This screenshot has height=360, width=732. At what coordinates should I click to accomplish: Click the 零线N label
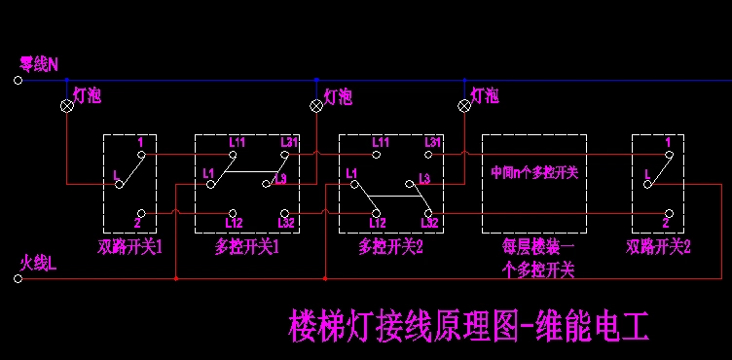(x=39, y=64)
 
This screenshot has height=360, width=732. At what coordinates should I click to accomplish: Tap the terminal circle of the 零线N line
(x=18, y=81)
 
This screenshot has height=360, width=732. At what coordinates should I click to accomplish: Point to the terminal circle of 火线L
(x=18, y=279)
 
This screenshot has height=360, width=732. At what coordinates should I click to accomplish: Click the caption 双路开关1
(x=129, y=247)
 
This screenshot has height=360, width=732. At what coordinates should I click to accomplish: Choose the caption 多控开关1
(x=247, y=247)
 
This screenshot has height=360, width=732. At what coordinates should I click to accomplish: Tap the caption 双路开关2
(x=658, y=247)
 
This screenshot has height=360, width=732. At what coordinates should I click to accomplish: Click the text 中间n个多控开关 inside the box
(x=534, y=172)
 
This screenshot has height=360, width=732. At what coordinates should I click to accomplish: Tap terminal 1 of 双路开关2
(x=668, y=153)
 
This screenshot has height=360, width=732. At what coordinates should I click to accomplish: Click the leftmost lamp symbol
(x=68, y=105)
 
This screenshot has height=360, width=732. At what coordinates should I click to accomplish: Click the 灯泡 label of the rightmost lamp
(x=485, y=95)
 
